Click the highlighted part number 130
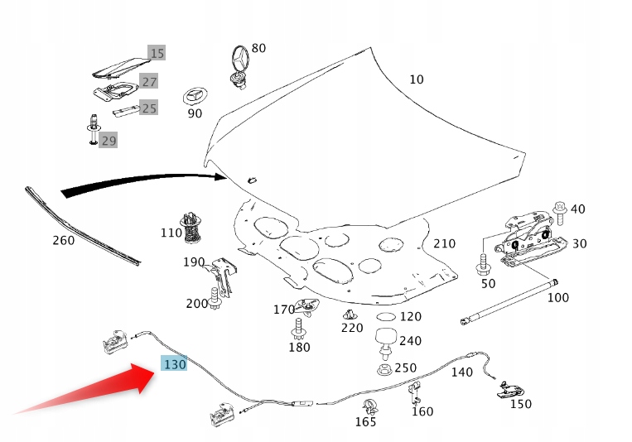click(175, 364)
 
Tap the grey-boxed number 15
click(157, 53)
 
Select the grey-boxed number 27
click(148, 81)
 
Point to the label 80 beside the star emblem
click(258, 48)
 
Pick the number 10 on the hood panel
click(416, 79)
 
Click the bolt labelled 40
click(559, 211)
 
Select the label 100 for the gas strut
click(558, 297)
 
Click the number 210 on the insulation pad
click(444, 243)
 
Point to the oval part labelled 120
click(385, 317)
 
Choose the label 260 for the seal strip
click(63, 241)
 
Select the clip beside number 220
click(351, 315)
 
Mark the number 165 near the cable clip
click(365, 422)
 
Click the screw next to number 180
click(297, 330)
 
